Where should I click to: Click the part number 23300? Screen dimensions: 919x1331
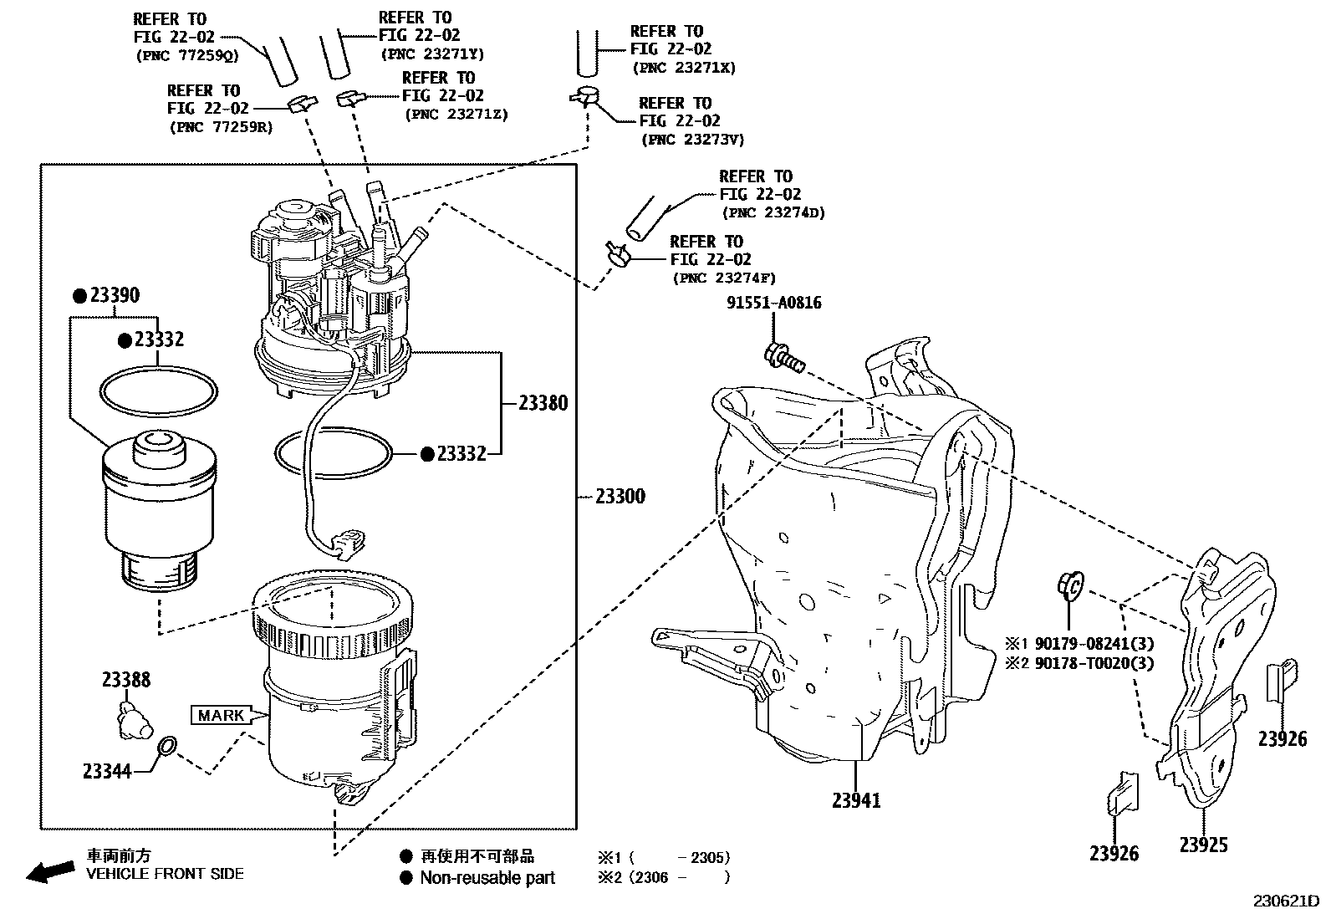tap(620, 497)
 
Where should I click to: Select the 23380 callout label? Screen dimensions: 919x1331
tap(543, 403)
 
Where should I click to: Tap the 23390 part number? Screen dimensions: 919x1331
tap(115, 295)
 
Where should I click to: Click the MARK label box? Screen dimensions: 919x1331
tap(222, 715)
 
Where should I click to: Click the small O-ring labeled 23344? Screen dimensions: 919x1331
tap(166, 746)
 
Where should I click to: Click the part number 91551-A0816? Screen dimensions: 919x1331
tap(773, 303)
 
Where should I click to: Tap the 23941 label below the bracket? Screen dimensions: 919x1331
tap(856, 800)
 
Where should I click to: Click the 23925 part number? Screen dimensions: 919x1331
tap(1204, 845)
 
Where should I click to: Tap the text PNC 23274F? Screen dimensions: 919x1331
tap(723, 278)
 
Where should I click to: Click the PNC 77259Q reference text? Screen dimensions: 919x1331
tap(186, 55)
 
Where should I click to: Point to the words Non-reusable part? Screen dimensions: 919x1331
tap(487, 878)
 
